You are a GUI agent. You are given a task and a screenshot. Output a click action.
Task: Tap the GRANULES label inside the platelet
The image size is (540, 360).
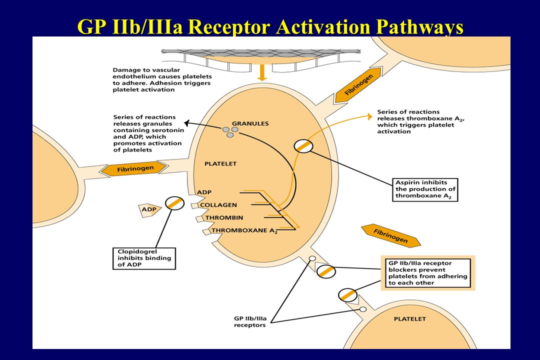250,123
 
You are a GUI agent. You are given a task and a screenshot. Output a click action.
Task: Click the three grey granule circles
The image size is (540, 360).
230,131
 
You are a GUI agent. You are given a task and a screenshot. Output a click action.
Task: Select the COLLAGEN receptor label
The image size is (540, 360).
218,205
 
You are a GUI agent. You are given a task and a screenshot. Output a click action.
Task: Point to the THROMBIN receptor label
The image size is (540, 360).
224,217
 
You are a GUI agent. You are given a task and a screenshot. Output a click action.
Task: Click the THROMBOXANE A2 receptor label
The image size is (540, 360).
244,231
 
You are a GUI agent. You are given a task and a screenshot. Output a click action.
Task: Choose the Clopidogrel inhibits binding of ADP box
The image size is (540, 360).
144,258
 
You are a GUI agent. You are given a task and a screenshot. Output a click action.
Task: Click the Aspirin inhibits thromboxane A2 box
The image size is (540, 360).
425,189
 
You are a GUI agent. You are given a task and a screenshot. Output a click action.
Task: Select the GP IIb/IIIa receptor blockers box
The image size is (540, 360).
427,273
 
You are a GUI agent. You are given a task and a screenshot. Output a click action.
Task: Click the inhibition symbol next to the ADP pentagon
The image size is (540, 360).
174,203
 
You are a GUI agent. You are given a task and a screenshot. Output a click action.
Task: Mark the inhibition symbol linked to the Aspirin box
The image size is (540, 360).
303,146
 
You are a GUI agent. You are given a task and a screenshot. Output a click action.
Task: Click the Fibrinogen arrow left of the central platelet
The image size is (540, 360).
135,169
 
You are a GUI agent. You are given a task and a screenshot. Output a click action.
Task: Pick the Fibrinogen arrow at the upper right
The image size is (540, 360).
358,84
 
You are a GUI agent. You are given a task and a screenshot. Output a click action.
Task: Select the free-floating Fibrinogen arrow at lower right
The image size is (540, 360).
390,236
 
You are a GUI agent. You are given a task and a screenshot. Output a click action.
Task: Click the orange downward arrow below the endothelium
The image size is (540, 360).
262,72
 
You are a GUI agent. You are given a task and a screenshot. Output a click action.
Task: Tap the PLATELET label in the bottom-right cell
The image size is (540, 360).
410,319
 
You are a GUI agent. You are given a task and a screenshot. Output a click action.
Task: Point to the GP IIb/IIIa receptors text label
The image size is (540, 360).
250,322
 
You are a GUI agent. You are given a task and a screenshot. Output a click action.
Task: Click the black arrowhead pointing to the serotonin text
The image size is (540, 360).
186,123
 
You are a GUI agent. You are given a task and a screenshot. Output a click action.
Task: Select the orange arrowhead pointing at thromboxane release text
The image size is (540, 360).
370,116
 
